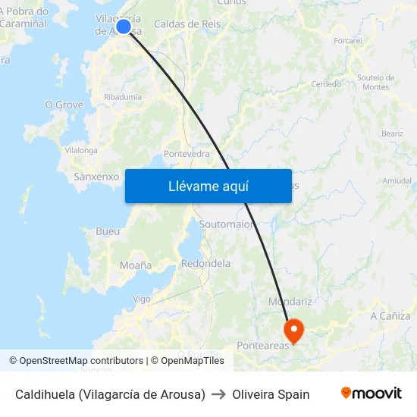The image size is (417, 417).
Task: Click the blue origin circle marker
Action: pos(124,27)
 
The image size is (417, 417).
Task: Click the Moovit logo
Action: pos(371,393)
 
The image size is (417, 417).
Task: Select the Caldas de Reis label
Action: pos(187,24)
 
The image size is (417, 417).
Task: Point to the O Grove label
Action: pos(64,105)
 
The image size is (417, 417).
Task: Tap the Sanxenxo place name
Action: pos(96,177)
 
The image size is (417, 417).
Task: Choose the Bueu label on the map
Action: pos(108,231)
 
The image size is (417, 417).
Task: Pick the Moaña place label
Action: pos(136,265)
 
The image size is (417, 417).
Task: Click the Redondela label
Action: pos(206,263)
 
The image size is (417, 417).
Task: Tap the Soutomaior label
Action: pos(225,224)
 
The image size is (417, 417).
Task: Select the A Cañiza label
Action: pos(390,315)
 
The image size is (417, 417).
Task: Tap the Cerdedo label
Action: pos(326,84)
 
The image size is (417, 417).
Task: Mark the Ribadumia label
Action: pos(123,97)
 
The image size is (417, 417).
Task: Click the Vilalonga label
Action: pos(81,150)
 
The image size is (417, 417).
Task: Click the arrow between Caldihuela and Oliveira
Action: pos(218,394)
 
